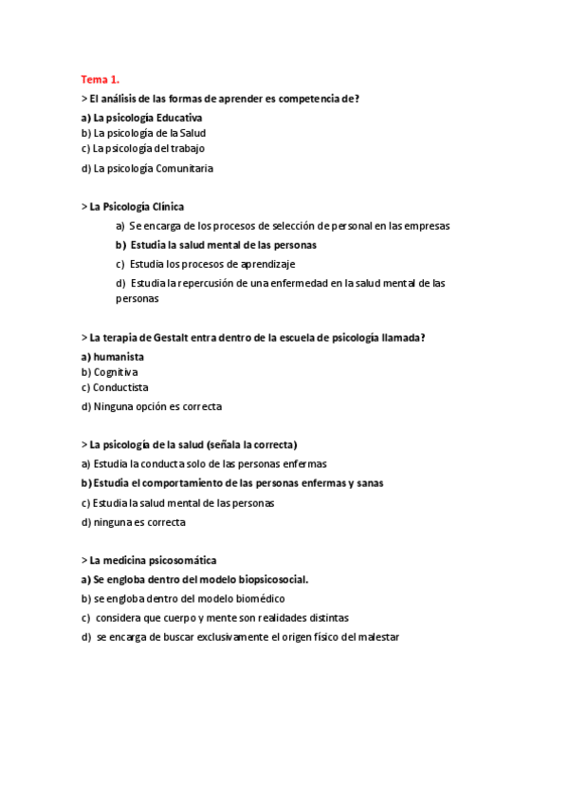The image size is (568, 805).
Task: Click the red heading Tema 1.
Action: click(100, 80)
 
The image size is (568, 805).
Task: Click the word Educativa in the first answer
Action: click(179, 118)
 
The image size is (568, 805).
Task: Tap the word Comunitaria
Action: click(184, 169)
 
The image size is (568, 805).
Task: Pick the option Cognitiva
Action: click(115, 372)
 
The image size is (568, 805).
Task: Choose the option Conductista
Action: click(120, 387)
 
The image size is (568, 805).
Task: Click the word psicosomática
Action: click(178, 560)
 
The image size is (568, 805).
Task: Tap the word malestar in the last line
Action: click(377, 637)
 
